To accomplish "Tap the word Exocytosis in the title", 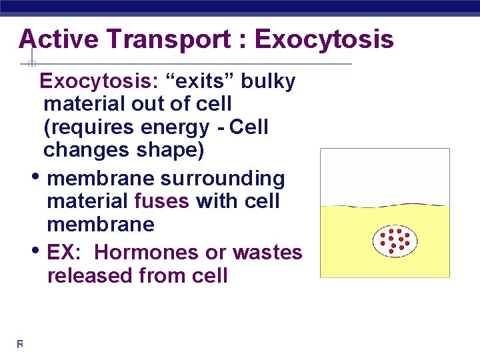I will (x=324, y=39).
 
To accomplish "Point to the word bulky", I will (x=268, y=81).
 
